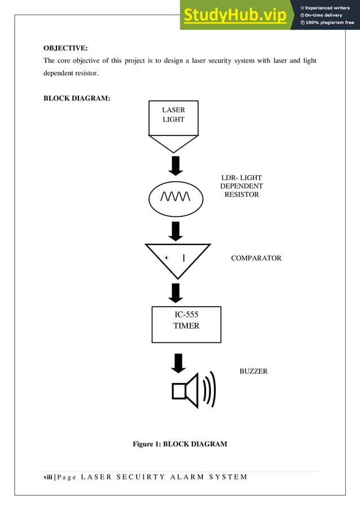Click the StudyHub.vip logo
coord(234,16)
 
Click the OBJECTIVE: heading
coord(65,48)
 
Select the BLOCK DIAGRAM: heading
coord(77,99)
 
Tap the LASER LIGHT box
coord(173,117)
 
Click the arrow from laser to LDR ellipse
coord(176,165)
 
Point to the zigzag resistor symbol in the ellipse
coord(175,196)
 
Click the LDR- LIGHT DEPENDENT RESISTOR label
coord(241,186)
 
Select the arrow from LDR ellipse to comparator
coord(176,230)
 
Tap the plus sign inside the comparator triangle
coord(166,258)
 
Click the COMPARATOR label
coord(256,258)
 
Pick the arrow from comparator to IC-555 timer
coord(176,293)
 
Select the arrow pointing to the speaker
coord(178,363)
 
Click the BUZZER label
coord(253,371)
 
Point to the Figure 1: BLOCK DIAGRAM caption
coord(179,444)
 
